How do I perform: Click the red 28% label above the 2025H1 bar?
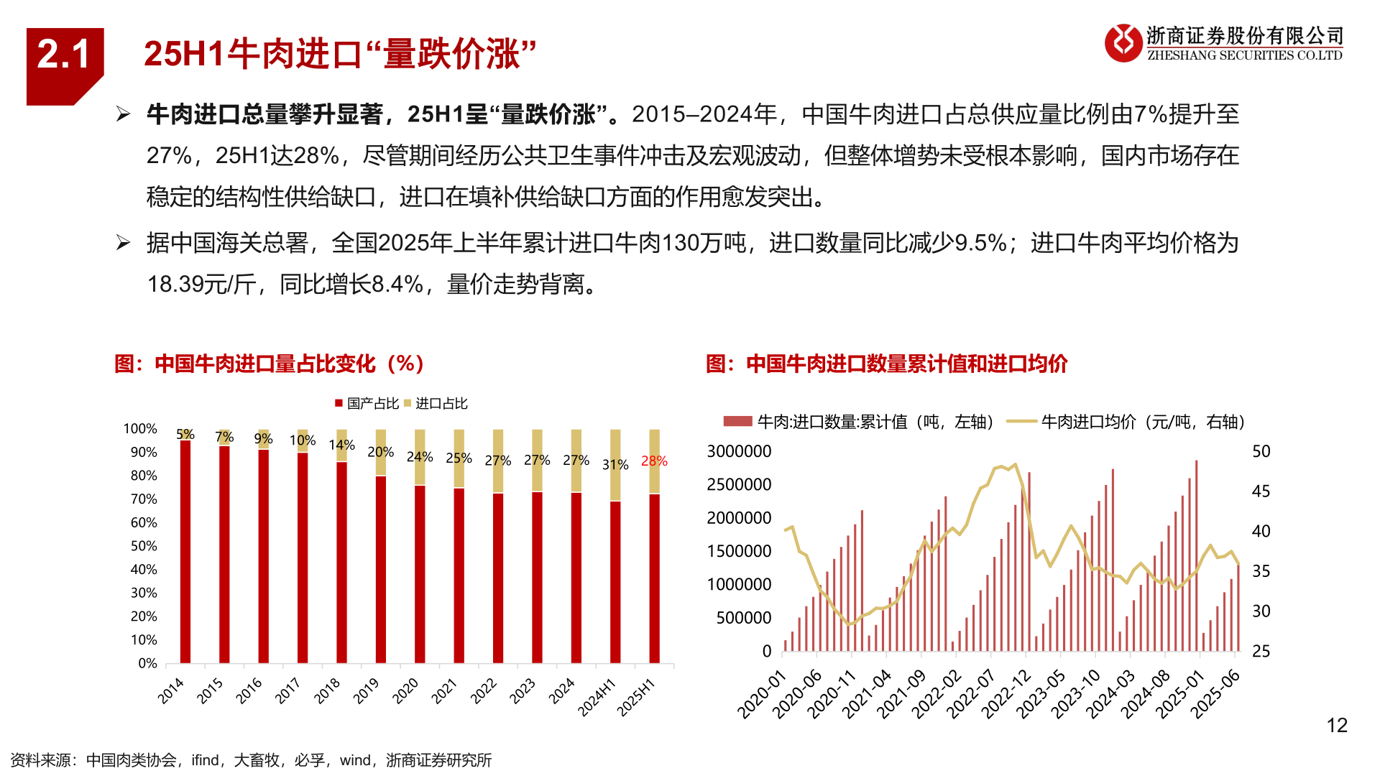(653, 461)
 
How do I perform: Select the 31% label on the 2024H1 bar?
(615, 465)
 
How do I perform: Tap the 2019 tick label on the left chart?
(366, 691)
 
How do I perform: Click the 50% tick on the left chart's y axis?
(144, 546)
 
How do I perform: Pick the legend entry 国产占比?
(367, 404)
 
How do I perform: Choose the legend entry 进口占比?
(436, 404)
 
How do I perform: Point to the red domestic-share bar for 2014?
(185, 553)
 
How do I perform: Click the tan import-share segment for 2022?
(497, 461)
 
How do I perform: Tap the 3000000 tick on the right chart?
(738, 452)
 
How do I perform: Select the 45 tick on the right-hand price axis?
(1261, 492)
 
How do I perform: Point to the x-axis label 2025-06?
(1215, 694)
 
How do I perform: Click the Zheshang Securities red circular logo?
(1122, 43)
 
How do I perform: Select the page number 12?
(1336, 726)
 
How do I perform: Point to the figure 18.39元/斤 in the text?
(201, 285)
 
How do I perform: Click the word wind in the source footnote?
(355, 760)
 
